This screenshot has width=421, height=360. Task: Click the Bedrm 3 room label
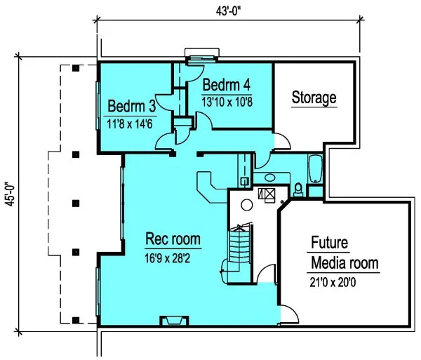pyautogui.click(x=132, y=107)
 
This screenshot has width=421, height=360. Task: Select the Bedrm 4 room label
pyautogui.click(x=227, y=86)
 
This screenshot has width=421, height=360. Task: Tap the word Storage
pyautogui.click(x=314, y=98)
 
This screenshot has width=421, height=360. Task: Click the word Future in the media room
pyautogui.click(x=329, y=244)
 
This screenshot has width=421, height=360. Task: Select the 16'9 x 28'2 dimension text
pyautogui.click(x=173, y=256)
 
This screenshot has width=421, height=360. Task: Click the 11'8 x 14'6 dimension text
pyautogui.click(x=132, y=125)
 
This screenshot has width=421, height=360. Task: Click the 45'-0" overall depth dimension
pyautogui.click(x=8, y=195)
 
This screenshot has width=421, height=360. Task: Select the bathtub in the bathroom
pyautogui.click(x=314, y=168)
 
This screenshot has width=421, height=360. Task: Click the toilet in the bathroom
pyautogui.click(x=298, y=188)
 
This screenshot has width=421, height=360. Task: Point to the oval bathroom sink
pyautogui.click(x=266, y=177)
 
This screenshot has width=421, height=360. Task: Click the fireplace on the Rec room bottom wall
pyautogui.click(x=173, y=321)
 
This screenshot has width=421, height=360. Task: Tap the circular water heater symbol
pyautogui.click(x=246, y=206)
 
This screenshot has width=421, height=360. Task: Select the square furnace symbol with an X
pyautogui.click(x=267, y=194)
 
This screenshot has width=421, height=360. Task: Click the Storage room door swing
pyautogui.click(x=281, y=142)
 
